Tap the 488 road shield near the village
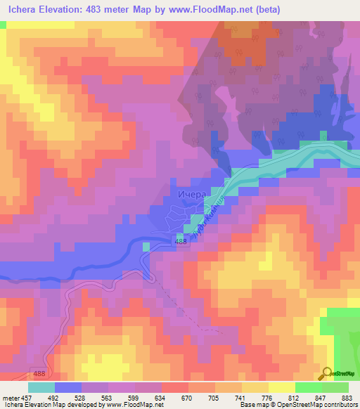click(181, 241)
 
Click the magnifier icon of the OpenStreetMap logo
click(326, 372)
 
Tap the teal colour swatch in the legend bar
click(41, 387)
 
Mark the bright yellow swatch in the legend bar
click(282, 387)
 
